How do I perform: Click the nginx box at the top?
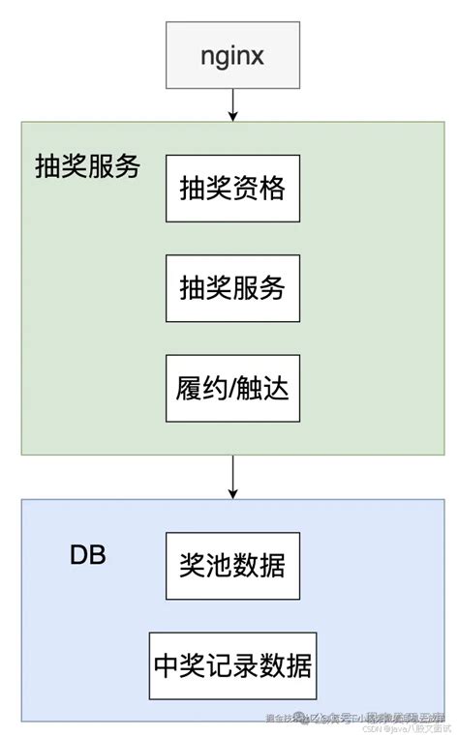(232, 55)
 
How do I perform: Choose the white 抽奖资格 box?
(232, 189)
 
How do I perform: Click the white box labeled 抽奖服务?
(232, 288)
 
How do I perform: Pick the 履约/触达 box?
(232, 388)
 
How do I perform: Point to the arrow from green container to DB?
(232, 476)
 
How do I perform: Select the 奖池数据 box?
(232, 566)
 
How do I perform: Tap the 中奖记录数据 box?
(232, 665)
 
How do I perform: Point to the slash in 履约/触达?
(232, 389)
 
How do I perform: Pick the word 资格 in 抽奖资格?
(260, 190)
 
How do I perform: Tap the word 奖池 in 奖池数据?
(205, 567)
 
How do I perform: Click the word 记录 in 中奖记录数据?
(232, 666)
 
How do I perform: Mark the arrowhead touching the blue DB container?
(232, 493)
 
